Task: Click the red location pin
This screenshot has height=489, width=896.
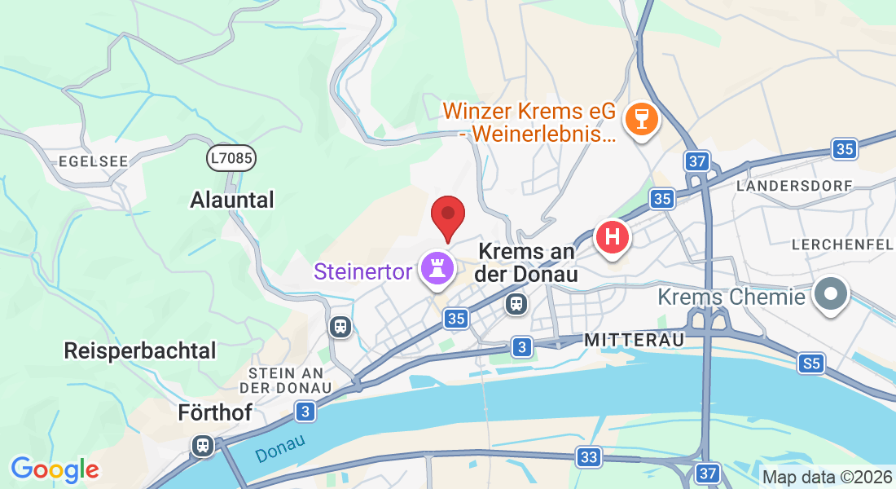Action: [x=447, y=217]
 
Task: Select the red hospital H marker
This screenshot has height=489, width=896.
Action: [x=613, y=237]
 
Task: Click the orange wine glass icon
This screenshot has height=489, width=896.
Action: [x=641, y=119]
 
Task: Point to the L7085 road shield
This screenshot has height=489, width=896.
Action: [x=231, y=158]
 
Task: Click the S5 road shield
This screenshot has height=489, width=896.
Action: [x=811, y=363]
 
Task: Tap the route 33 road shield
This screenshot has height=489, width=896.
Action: [x=589, y=457]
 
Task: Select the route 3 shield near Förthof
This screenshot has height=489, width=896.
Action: [x=305, y=412]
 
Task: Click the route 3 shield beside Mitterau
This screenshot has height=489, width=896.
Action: [x=522, y=348]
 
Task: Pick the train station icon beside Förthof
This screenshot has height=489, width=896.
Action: [x=203, y=445]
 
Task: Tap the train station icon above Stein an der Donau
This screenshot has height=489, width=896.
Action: [x=340, y=327]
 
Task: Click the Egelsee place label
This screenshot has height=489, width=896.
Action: [x=94, y=161]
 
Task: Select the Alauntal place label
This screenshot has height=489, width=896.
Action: [x=232, y=200]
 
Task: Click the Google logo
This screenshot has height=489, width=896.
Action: [x=55, y=469]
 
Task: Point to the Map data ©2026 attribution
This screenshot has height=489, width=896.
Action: [x=826, y=477]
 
